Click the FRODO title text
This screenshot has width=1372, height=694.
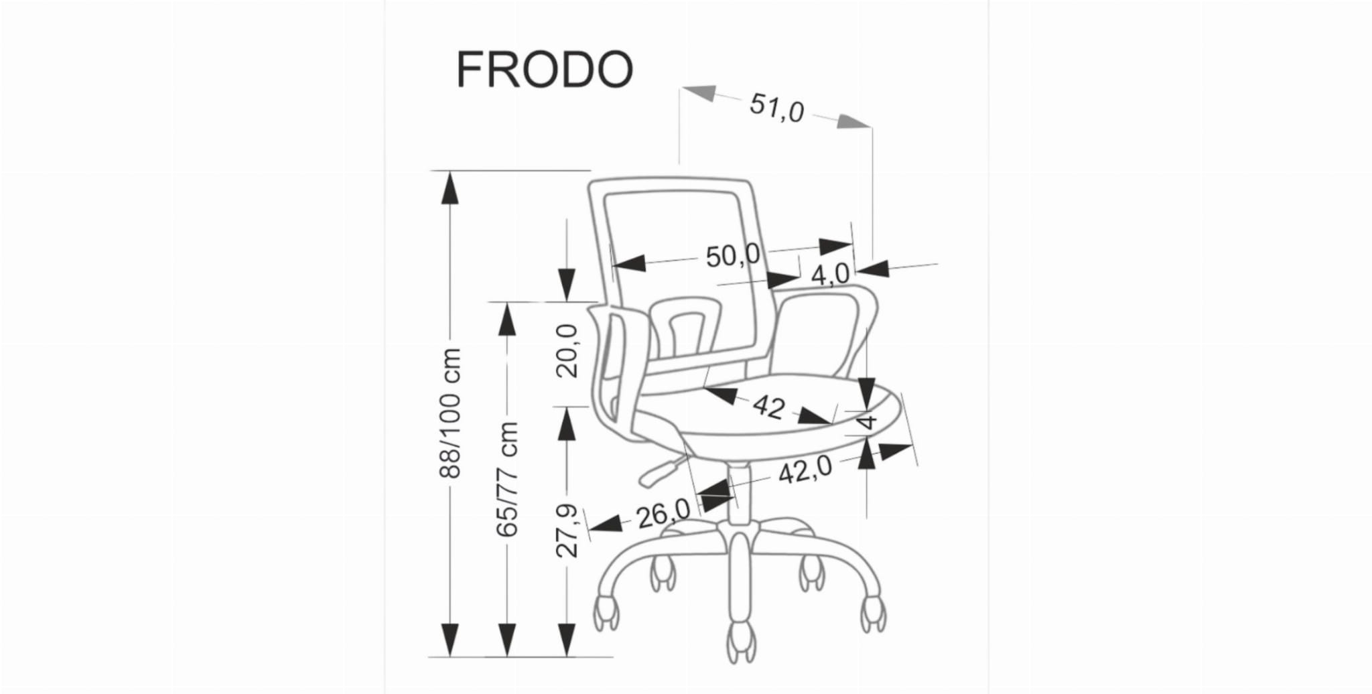tap(544, 70)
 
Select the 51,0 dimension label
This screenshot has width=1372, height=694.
tap(776, 108)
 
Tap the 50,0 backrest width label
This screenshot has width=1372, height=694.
tap(733, 255)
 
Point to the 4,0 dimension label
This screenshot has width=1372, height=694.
tap(830, 274)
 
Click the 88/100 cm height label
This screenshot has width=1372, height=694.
tap(450, 413)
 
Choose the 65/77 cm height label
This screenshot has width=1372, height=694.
tap(508, 478)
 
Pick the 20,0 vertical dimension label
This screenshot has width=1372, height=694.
tap(567, 351)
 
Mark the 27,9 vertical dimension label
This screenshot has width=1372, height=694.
tap(567, 531)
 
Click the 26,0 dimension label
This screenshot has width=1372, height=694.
tap(663, 514)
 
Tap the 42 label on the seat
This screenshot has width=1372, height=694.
tap(768, 406)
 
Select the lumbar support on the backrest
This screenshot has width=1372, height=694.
tap(684, 328)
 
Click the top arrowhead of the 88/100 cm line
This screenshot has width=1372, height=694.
tap(450, 188)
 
